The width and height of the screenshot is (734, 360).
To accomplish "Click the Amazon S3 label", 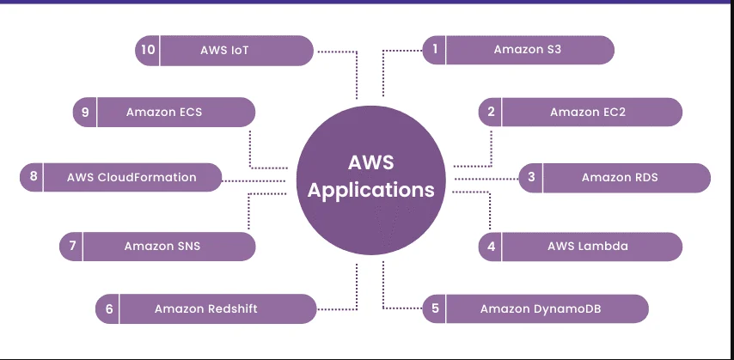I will [527, 50].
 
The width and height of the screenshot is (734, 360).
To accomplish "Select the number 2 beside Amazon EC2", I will [491, 112].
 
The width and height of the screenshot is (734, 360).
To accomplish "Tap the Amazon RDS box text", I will [620, 178].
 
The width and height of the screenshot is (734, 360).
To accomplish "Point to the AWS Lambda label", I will [588, 247].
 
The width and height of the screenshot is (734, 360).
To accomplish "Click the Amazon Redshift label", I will [205, 308].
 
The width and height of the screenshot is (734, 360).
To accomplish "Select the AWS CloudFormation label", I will [132, 178].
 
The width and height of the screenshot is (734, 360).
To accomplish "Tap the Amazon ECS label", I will [164, 112].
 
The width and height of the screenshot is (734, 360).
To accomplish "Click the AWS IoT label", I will [225, 50].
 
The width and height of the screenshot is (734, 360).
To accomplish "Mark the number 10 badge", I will [148, 50].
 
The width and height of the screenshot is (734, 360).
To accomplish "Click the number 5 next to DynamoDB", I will [436, 308].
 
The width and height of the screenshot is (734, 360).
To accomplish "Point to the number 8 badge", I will [34, 178].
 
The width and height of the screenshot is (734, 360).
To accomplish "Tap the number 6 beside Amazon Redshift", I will [109, 308].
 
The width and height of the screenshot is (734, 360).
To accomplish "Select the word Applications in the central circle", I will [371, 191].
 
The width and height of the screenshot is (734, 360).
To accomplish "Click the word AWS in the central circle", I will [371, 162].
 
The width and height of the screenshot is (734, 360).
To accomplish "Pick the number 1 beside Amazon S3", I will [435, 50].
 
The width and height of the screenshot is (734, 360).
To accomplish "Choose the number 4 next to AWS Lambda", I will [491, 247].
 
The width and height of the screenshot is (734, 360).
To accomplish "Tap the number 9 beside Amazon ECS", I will [85, 112].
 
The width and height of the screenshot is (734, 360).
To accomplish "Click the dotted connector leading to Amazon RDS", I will [486, 178].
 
